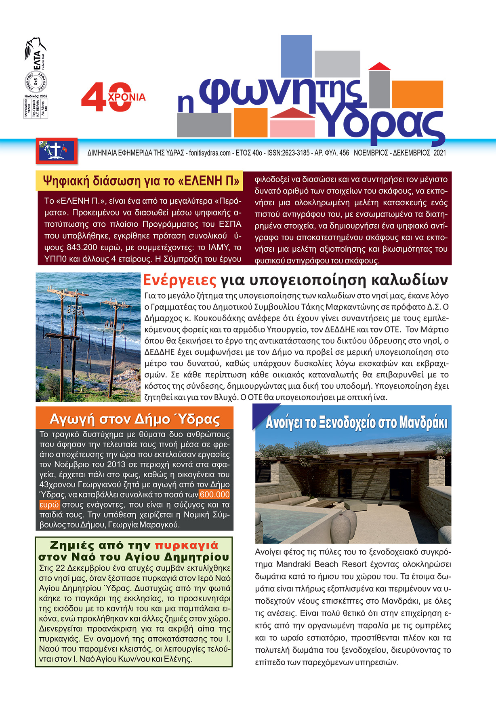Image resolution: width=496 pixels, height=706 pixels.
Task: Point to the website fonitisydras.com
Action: point(210,153)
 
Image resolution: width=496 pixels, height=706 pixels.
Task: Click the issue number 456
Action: point(344,153)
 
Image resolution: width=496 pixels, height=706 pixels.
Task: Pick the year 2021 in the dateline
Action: point(439,153)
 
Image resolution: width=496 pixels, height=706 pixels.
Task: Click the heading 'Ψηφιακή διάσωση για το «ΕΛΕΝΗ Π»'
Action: point(141,181)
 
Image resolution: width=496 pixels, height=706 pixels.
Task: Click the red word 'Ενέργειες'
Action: point(180,280)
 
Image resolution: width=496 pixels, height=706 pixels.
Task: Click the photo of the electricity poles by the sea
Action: point(88,337)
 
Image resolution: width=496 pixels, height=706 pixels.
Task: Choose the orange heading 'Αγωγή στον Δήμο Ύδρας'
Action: point(135,419)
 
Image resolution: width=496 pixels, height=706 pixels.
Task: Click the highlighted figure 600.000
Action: point(214,495)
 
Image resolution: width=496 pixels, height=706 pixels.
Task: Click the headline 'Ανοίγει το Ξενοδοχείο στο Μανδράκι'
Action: point(356,423)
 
